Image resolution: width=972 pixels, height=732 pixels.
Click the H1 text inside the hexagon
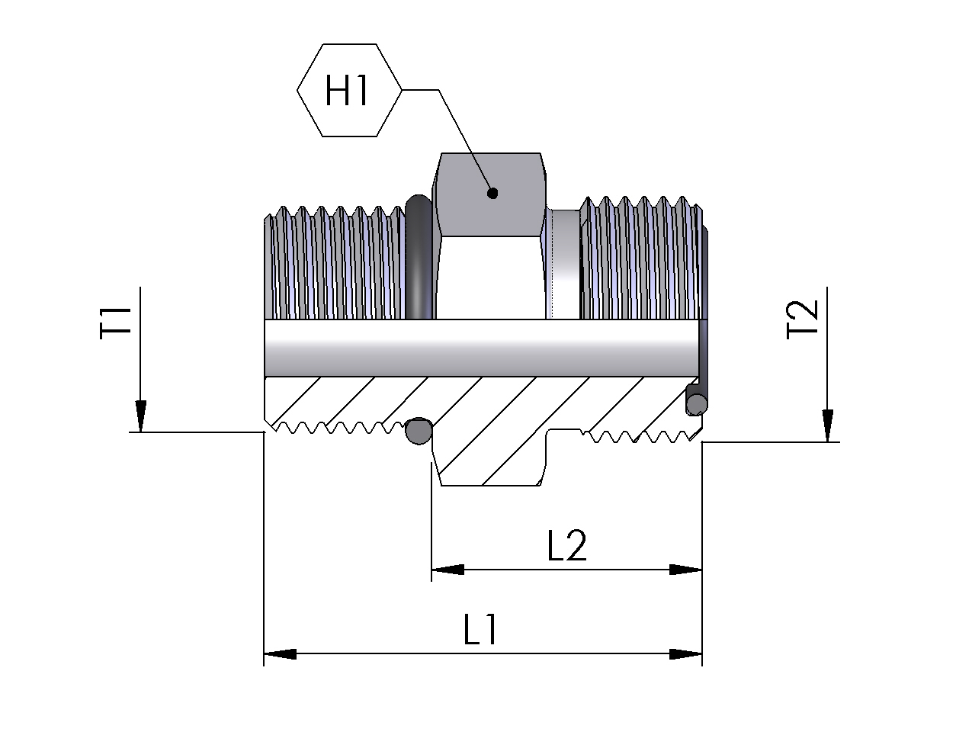click(x=348, y=91)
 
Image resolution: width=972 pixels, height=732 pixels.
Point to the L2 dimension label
click(x=567, y=546)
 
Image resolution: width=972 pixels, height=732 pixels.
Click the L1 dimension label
click(x=481, y=630)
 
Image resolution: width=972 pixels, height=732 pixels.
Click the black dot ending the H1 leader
click(x=492, y=193)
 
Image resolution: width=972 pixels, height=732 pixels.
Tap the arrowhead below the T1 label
click(x=140, y=416)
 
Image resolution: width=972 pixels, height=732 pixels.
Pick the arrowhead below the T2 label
click(x=827, y=425)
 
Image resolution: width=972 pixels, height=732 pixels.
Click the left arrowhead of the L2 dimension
click(x=448, y=570)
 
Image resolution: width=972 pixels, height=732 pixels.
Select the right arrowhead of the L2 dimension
click(x=685, y=570)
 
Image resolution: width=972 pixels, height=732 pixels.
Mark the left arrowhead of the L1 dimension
click(x=280, y=653)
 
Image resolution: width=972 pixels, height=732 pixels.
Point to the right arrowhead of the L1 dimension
click(x=685, y=653)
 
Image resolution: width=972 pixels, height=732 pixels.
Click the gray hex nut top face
click(x=491, y=194)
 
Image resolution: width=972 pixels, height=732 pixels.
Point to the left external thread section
click(x=333, y=263)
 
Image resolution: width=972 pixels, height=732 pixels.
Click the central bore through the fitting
click(x=480, y=347)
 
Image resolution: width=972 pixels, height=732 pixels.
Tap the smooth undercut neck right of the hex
click(x=564, y=263)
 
